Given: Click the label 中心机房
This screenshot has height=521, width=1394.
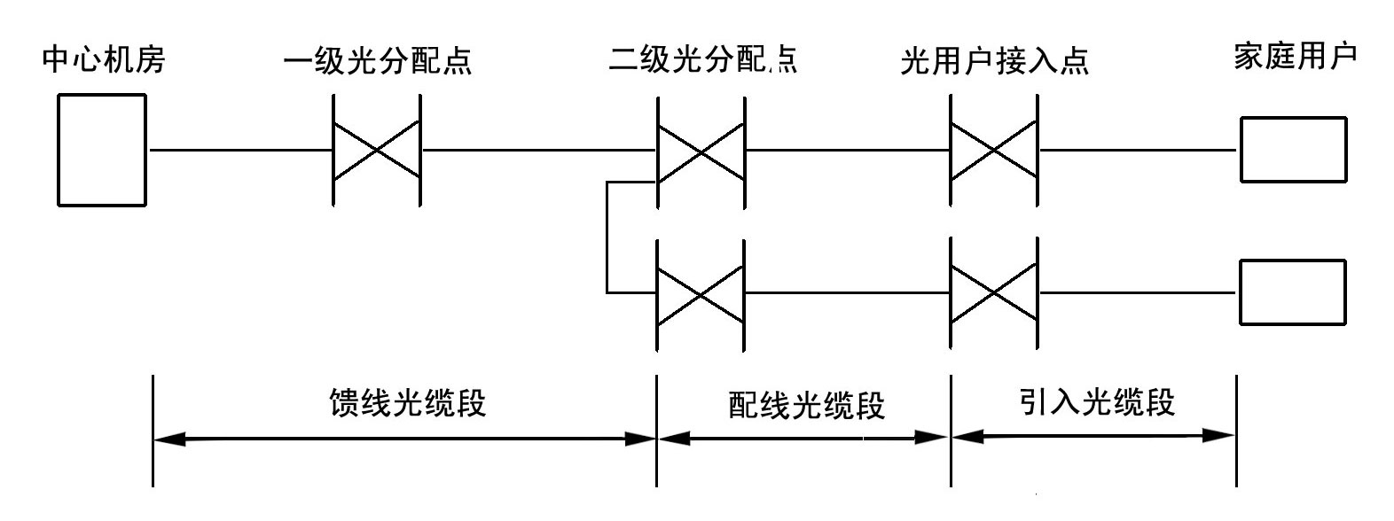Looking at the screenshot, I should pos(104,60).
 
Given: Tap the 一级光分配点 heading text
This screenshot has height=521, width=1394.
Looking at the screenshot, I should pos(377,61).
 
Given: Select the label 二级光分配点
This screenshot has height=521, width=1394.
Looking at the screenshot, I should pos(702,59).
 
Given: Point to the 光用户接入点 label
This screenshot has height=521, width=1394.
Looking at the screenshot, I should pos(994,60).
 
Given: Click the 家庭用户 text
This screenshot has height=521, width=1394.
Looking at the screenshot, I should pos(1296,58).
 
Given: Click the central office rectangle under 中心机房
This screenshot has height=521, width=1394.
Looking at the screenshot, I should pos(102,150).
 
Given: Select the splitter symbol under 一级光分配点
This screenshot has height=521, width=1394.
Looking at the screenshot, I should pos(377,151).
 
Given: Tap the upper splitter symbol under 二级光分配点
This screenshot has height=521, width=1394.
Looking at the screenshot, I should pos(701,152).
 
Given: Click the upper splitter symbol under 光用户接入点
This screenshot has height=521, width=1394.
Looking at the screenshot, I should pos(994,151).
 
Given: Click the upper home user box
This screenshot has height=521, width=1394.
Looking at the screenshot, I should pos(1292,149).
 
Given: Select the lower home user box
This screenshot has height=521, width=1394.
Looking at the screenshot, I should pos(1292,292).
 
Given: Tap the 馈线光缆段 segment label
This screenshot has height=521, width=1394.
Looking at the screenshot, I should pos(407,403).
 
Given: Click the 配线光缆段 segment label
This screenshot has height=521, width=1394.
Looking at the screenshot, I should pos(806,406).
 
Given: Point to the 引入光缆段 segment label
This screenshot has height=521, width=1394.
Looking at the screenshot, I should pos(1097,402).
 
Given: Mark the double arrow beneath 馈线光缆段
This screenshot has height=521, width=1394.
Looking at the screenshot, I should pos(404,439).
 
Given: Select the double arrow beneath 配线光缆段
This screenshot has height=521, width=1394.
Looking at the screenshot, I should pos(803,437).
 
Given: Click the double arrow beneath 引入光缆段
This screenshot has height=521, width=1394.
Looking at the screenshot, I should pos(1093,435).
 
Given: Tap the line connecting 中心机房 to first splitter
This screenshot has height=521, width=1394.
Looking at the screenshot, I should pos(239,151).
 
